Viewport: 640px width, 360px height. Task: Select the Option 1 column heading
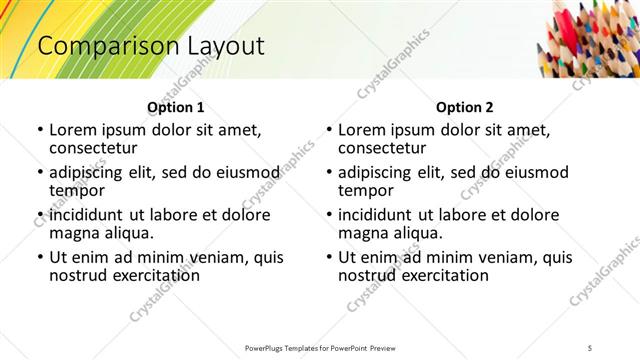pyautogui.click(x=176, y=107)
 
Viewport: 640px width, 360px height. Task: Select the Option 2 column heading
pyautogui.click(x=465, y=107)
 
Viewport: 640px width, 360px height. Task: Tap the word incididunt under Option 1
pyautogui.click(x=88, y=215)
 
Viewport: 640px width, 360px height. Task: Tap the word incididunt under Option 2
pyautogui.click(x=377, y=215)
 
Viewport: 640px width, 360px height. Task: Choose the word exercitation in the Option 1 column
pyautogui.click(x=155, y=274)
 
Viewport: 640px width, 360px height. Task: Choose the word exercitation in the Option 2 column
pyautogui.click(x=444, y=274)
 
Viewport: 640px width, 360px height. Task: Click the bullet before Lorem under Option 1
pyautogui.click(x=39, y=131)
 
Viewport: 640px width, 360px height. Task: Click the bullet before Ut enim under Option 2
pyautogui.click(x=328, y=257)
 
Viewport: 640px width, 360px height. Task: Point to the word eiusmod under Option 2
pyautogui.click(x=532, y=172)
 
